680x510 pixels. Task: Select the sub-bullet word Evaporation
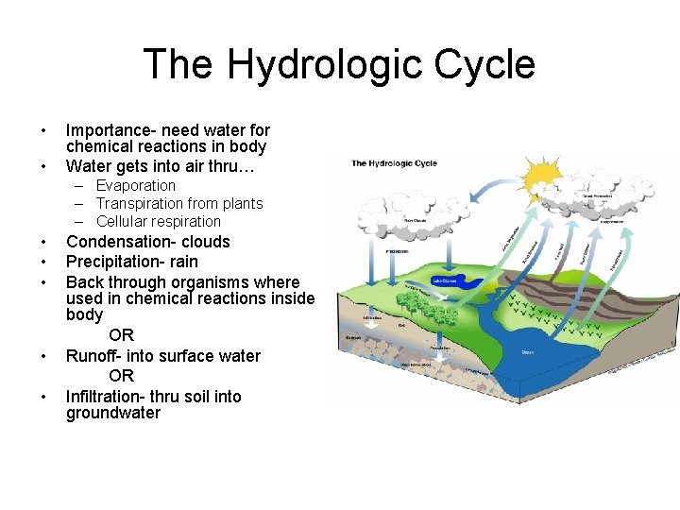[135, 186]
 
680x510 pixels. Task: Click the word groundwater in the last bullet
[113, 414]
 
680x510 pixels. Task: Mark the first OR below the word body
[121, 335]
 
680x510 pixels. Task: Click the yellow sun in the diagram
[544, 177]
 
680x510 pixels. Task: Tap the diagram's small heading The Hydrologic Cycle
[394, 163]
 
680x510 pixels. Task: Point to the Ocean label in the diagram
[527, 351]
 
